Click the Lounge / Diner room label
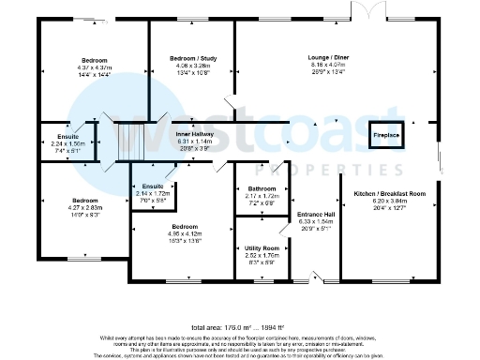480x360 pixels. [x=313, y=57]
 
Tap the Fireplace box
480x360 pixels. [x=386, y=136]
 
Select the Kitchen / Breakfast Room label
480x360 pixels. [x=390, y=193]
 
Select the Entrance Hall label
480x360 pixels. [x=310, y=215]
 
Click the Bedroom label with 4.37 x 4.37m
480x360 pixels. [x=94, y=61]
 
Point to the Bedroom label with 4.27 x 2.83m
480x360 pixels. [x=86, y=201]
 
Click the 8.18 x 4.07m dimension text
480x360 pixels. [x=313, y=65]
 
